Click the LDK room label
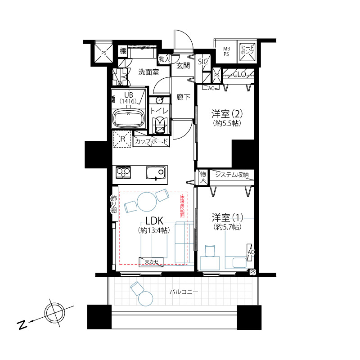(x=154, y=221)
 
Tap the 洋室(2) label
(x=227, y=114)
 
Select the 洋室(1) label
(x=227, y=217)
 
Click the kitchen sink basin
(x=155, y=173)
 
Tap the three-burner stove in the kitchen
(x=123, y=172)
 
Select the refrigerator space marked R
(x=122, y=139)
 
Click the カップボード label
(x=151, y=141)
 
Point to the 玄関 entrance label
(x=183, y=66)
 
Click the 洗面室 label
(x=148, y=72)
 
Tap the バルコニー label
(x=184, y=292)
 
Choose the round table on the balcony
(x=145, y=298)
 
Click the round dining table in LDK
(x=147, y=202)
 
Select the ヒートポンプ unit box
(x=247, y=52)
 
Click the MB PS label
(x=226, y=52)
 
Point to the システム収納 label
(x=232, y=175)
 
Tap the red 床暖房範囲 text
(x=182, y=206)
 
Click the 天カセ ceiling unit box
(x=151, y=262)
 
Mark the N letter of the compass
(x=22, y=324)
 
